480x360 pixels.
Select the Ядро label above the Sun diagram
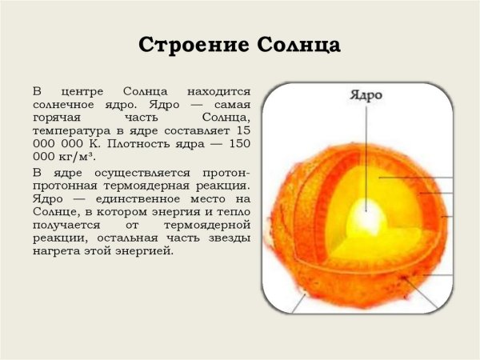point(366,95)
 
